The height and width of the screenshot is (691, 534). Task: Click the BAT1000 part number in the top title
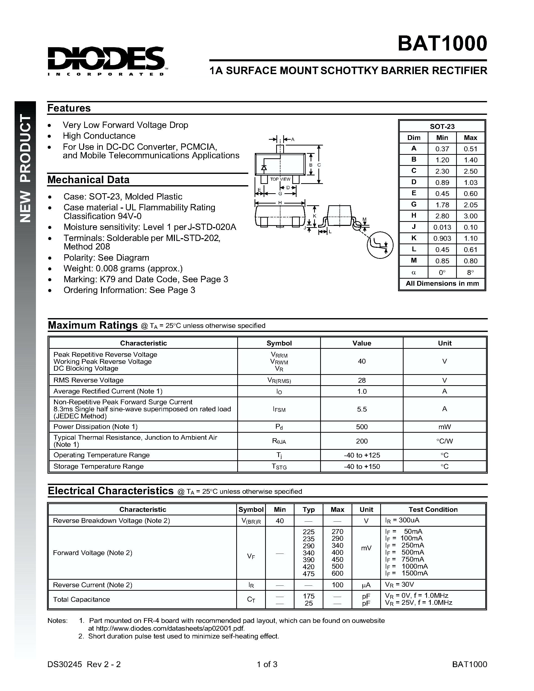pyautogui.click(x=442, y=43)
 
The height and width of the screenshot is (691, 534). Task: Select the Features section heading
pyautogui.click(x=69, y=108)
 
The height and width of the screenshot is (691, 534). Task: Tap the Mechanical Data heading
pyautogui.click(x=88, y=180)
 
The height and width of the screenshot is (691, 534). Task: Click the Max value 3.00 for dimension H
pyautogui.click(x=470, y=216)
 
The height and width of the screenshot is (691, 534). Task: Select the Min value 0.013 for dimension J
pyautogui.click(x=442, y=227)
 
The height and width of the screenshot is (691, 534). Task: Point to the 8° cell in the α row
pyautogui.click(x=470, y=272)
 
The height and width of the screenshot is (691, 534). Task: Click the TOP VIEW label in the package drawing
pyautogui.click(x=280, y=179)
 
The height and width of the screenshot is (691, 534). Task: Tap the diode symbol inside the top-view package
pyautogui.click(x=263, y=167)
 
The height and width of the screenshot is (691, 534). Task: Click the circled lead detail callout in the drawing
pyautogui.click(x=380, y=245)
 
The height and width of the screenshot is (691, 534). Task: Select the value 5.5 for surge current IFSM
pyautogui.click(x=362, y=409)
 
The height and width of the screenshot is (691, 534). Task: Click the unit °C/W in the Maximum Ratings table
pyautogui.click(x=445, y=441)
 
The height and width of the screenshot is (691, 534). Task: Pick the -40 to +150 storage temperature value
pyautogui.click(x=362, y=466)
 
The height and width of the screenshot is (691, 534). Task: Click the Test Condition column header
pyautogui.click(x=433, y=509)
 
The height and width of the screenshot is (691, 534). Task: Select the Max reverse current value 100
pyautogui.click(x=337, y=585)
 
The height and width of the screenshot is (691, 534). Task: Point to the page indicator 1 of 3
pyautogui.click(x=267, y=664)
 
